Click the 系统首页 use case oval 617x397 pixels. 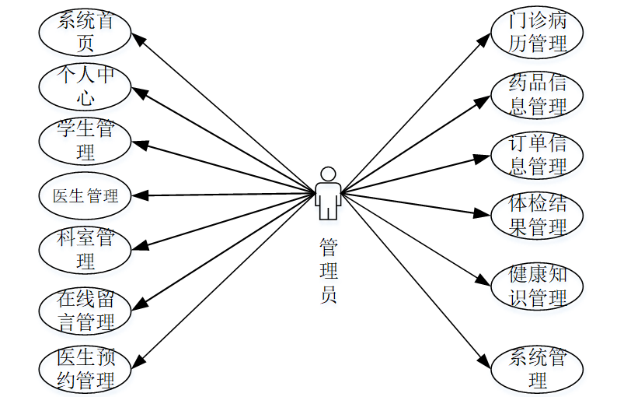[85, 30]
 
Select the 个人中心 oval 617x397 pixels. [85, 86]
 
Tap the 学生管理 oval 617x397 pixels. [85, 140]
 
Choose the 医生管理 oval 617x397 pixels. [85, 195]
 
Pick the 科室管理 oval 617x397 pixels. [85, 248]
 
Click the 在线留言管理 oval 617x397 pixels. [85, 309]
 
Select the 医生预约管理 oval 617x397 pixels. [85, 368]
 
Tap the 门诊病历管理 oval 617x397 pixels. [537, 32]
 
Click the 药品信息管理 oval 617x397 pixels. [537, 94]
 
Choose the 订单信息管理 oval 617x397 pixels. [537, 154]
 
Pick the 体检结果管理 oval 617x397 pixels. [537, 216]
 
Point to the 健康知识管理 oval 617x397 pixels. [537, 286]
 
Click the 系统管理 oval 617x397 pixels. [537, 368]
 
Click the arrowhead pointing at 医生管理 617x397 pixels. [137, 195]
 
